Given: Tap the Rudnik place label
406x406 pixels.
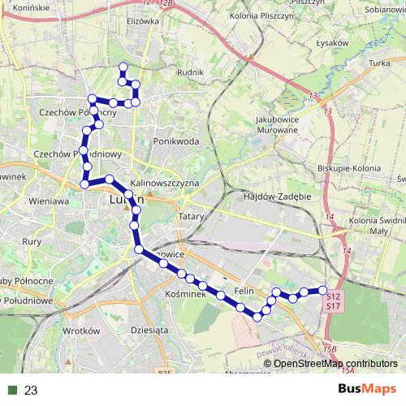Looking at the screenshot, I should pos(188,72).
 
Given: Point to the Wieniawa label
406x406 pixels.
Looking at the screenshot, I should pos(50,201).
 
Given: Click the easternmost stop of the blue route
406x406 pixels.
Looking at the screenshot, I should pos(322,290).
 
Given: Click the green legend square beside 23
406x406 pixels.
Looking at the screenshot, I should pos(13,390).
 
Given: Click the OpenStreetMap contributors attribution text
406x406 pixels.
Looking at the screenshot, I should pos(335,364).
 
